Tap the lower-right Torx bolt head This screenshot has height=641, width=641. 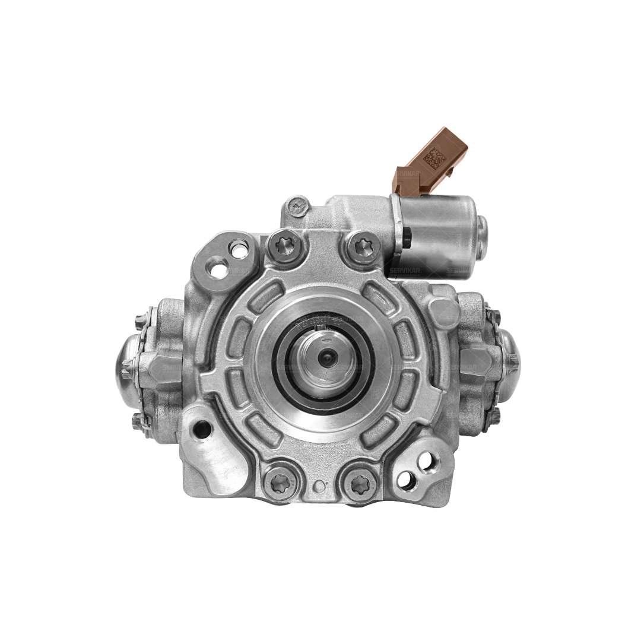click(358, 485)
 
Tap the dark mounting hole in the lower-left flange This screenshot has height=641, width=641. click(202, 428)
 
